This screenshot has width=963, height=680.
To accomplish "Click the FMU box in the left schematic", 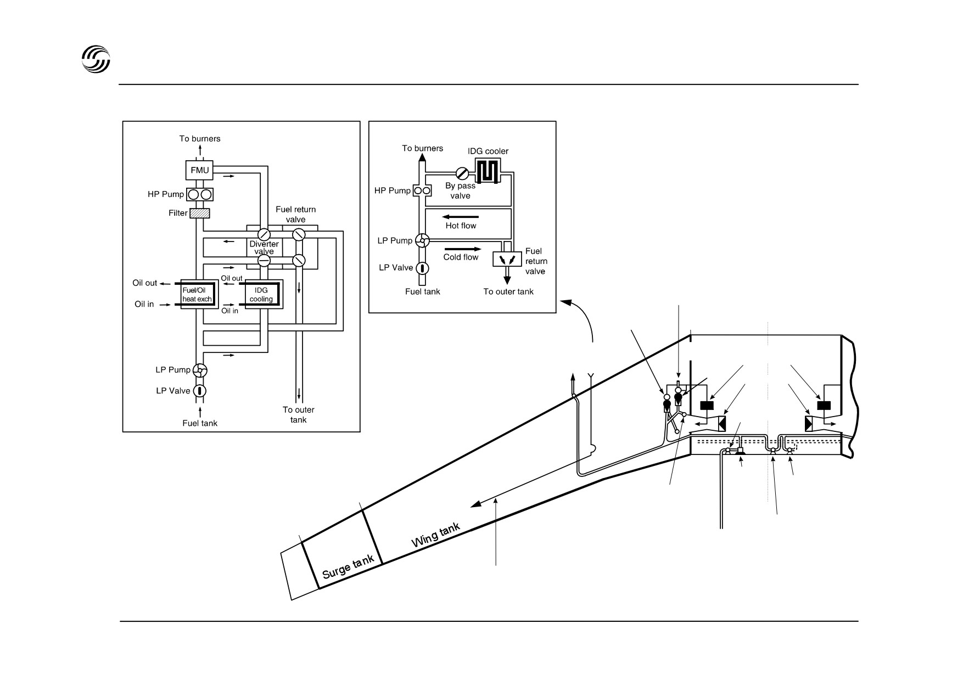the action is point(200,170).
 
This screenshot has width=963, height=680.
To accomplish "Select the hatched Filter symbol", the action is point(200,213).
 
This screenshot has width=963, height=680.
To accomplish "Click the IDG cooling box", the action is point(261,294).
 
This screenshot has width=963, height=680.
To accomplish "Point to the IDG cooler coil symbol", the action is point(488,171).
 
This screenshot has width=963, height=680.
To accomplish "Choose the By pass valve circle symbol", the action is point(462,173).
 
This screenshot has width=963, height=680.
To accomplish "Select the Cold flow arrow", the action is point(462,249).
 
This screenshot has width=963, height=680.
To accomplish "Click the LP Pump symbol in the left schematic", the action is point(200,371).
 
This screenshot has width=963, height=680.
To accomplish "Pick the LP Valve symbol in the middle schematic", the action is point(422,268).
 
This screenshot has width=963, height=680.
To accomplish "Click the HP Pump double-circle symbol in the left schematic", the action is point(200,194).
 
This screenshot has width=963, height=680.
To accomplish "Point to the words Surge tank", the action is point(349,566).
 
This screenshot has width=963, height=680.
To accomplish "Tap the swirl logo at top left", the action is point(96,58).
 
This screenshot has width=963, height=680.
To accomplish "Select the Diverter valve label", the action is point(264,248).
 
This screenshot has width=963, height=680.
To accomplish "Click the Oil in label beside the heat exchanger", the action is point(144,304).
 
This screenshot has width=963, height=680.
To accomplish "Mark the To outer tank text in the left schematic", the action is point(299,415).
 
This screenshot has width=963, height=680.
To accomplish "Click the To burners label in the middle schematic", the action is point(423,148).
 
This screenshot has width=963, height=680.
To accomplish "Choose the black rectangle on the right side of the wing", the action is point(824,406).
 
